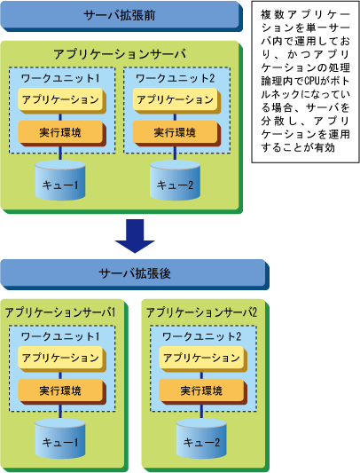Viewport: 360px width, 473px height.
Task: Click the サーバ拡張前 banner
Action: point(121,16)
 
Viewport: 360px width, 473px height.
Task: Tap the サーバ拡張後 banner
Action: point(135,274)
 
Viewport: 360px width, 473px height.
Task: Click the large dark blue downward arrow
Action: point(135,236)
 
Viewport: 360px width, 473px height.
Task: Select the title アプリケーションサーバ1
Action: point(60,312)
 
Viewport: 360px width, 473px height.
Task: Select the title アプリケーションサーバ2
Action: point(201,312)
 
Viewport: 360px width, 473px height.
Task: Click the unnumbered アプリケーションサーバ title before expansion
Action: point(120,54)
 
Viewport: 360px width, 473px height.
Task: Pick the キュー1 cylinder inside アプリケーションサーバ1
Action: point(60,438)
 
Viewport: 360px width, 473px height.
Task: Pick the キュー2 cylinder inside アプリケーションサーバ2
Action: point(201,438)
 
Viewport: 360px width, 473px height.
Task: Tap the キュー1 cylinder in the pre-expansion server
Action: point(60,180)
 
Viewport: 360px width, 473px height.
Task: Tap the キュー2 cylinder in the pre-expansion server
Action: point(175,180)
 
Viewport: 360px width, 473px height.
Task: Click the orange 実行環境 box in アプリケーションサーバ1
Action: point(62,391)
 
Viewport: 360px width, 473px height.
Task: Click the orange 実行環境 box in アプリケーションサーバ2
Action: point(203,391)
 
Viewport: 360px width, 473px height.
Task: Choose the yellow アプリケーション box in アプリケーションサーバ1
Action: point(62,359)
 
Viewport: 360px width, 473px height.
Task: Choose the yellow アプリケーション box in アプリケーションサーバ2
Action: point(203,359)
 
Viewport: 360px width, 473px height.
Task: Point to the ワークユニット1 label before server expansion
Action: point(60,78)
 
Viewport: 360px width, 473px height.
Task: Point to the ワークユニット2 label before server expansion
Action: point(176,78)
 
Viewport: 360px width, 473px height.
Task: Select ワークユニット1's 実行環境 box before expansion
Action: point(62,134)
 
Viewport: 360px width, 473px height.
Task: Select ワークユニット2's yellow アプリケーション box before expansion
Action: point(176,101)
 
